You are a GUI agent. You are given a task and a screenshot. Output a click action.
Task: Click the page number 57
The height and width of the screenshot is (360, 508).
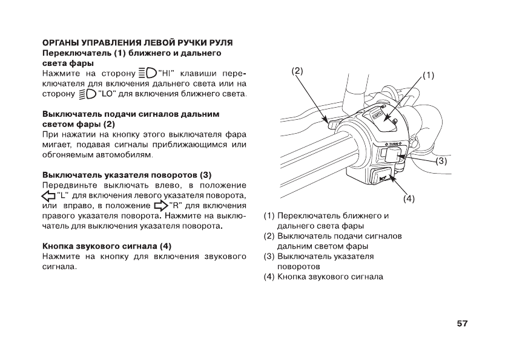tap(462, 324)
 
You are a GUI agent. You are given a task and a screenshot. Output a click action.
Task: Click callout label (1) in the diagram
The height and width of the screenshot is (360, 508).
tap(428, 76)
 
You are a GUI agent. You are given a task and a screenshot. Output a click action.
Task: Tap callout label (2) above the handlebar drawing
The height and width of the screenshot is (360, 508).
tap(297, 71)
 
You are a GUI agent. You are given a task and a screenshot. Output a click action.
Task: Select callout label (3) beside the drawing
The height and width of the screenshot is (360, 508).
tap(441, 161)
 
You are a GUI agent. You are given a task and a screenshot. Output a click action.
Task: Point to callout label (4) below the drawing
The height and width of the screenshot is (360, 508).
tap(409, 198)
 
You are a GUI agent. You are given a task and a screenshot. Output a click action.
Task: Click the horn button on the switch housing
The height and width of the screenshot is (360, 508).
tap(383, 177)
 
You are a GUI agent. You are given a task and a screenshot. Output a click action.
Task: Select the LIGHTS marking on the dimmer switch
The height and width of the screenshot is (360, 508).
tap(377, 115)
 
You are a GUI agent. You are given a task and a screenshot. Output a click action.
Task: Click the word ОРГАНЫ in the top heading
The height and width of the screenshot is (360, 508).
tap(59, 43)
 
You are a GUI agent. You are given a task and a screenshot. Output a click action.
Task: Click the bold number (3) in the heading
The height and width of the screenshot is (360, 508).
tap(205, 174)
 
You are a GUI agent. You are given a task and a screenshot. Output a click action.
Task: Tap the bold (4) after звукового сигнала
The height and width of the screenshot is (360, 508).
tap(165, 247)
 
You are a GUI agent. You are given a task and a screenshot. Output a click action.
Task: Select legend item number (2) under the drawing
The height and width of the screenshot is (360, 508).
tap(269, 236)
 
